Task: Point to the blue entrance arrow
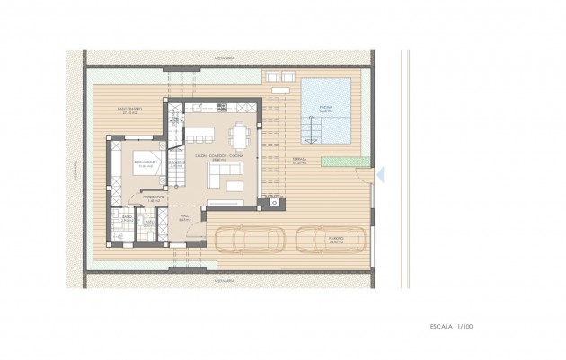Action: [x=381, y=174]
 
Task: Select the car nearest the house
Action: [x=245, y=241]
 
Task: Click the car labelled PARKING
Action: [x=331, y=241]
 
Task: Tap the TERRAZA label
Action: [x=298, y=162]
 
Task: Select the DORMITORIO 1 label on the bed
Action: [x=146, y=163]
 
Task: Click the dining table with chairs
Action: [x=239, y=136]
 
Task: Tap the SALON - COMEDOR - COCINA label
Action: [x=218, y=158]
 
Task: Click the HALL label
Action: [x=182, y=217]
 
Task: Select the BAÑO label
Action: [x=128, y=218]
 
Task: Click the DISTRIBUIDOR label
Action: [x=154, y=198]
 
